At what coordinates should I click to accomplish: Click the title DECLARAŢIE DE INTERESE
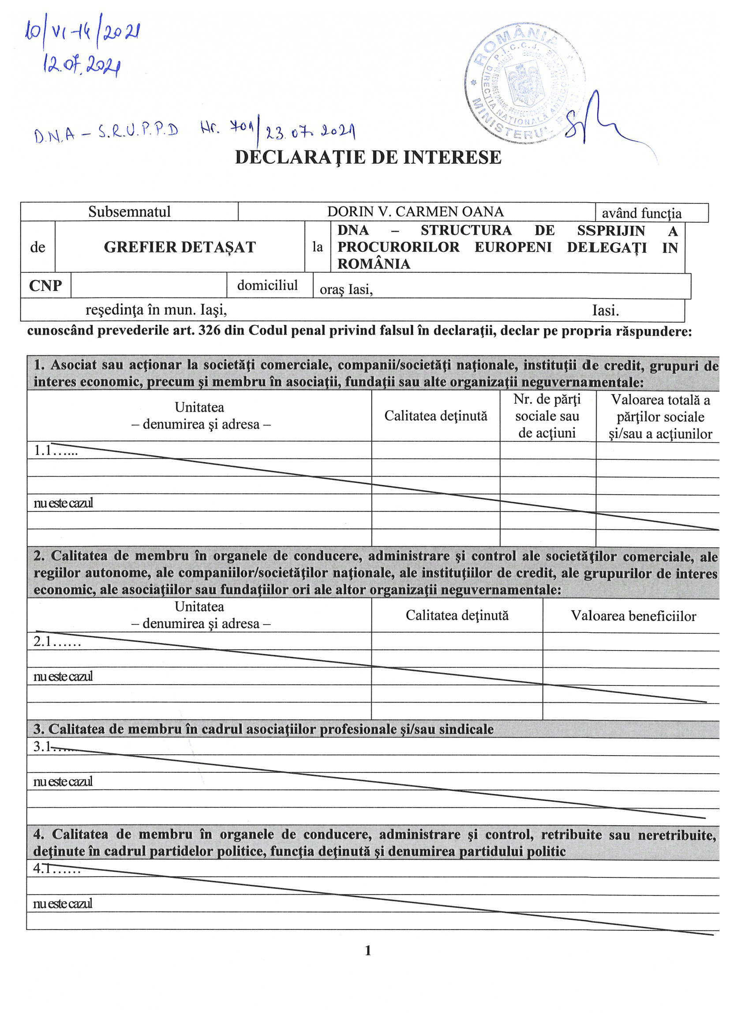368,158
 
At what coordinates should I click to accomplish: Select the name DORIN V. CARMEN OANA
416,211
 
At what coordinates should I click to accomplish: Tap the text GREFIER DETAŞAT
180,247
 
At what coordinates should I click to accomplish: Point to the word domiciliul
267,285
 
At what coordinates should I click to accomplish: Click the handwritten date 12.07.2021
82,67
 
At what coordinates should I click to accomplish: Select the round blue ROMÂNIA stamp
524,84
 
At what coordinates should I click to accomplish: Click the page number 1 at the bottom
368,951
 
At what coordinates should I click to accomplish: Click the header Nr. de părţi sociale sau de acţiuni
547,416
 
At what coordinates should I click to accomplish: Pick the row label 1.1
56,451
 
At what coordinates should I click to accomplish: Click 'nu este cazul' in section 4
63,903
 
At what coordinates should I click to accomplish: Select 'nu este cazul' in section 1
63,503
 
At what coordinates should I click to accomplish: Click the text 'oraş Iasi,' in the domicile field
346,290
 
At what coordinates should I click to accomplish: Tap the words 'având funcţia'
641,213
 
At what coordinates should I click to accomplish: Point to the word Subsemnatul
129,211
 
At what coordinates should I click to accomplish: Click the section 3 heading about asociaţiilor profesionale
263,729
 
